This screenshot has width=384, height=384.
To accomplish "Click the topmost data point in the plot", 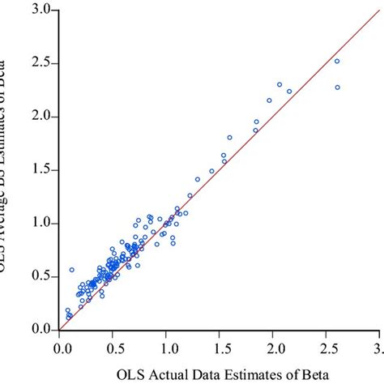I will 337,61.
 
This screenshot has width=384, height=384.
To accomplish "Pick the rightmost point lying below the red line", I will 337,87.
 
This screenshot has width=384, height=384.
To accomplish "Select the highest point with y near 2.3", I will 279,84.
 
